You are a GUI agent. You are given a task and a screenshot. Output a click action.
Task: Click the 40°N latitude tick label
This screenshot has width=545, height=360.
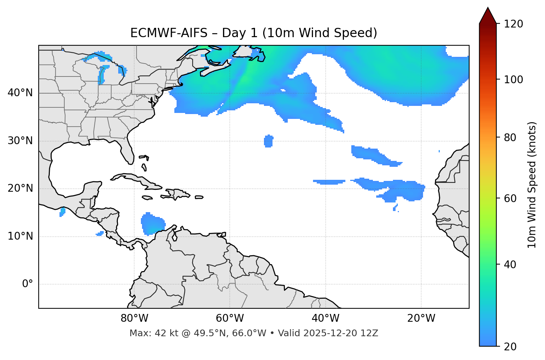point(20,93)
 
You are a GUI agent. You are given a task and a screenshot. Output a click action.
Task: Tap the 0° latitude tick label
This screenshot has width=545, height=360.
point(28,284)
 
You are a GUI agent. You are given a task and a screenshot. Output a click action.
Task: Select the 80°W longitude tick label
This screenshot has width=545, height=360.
point(134,318)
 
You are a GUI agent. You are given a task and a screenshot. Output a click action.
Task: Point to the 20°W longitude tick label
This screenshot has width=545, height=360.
point(421,318)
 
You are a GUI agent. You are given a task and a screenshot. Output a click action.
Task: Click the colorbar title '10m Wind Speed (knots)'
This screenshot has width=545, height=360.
point(532,185)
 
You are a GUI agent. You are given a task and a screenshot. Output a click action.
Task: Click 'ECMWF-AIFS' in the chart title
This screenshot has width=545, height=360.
point(169,33)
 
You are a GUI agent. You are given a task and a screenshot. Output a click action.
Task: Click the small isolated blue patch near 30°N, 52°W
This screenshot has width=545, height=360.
point(268,141)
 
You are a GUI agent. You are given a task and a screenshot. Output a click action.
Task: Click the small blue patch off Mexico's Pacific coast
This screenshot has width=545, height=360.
point(62,212)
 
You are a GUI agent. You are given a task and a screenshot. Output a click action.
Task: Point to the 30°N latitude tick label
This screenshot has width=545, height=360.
point(20,141)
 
